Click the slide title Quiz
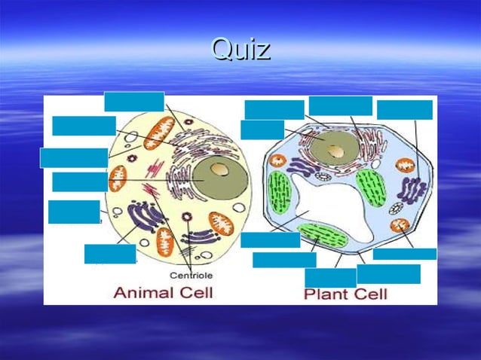point(240,50)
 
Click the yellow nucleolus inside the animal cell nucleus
point(219,171)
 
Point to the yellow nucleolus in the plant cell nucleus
point(339,150)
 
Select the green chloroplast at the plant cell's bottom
point(323,236)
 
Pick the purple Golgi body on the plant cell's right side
point(412,188)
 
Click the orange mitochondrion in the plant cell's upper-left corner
point(277,160)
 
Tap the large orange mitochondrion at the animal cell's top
point(159,133)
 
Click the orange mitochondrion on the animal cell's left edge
point(118,178)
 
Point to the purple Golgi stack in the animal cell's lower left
point(143,219)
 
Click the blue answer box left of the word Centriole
point(110,254)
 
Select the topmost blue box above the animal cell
point(133,101)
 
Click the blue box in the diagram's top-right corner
point(405,110)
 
